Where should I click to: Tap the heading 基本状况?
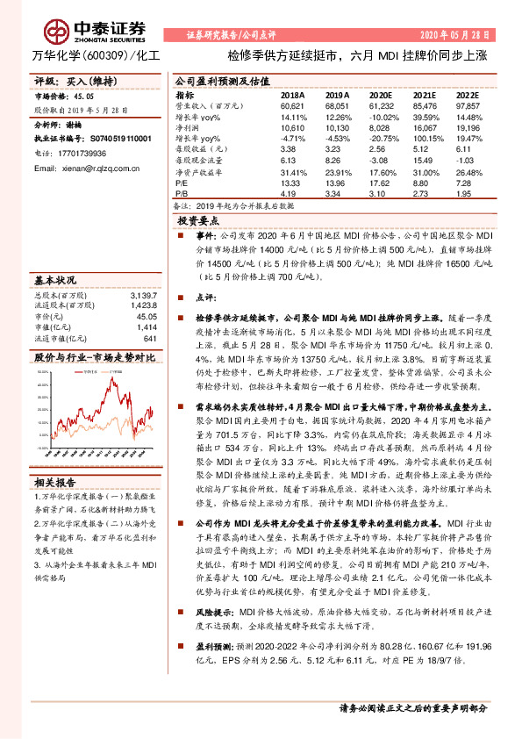(x=56, y=280)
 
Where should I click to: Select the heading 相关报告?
(x=56, y=483)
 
